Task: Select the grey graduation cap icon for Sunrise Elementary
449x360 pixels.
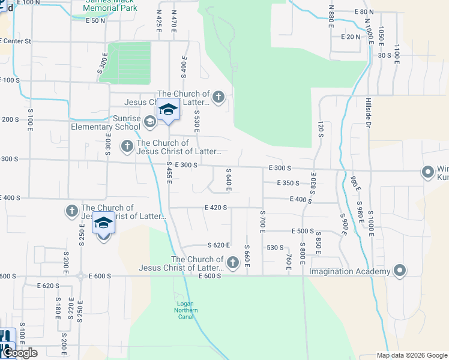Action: pos(149,122)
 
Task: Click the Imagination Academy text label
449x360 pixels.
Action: pos(349,271)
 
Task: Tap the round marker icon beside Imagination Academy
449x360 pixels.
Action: pos(400,271)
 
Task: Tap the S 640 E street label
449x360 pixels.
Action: pos(228,181)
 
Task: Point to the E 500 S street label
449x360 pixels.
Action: pos(303,231)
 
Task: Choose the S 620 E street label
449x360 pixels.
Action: pos(219,245)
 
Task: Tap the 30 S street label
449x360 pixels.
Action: pos(385,55)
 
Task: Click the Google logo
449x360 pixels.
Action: pos(20,353)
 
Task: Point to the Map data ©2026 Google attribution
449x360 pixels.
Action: pos(412,355)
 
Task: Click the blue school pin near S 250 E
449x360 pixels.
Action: pos(103,224)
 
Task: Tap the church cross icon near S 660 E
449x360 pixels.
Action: pos(234,262)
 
